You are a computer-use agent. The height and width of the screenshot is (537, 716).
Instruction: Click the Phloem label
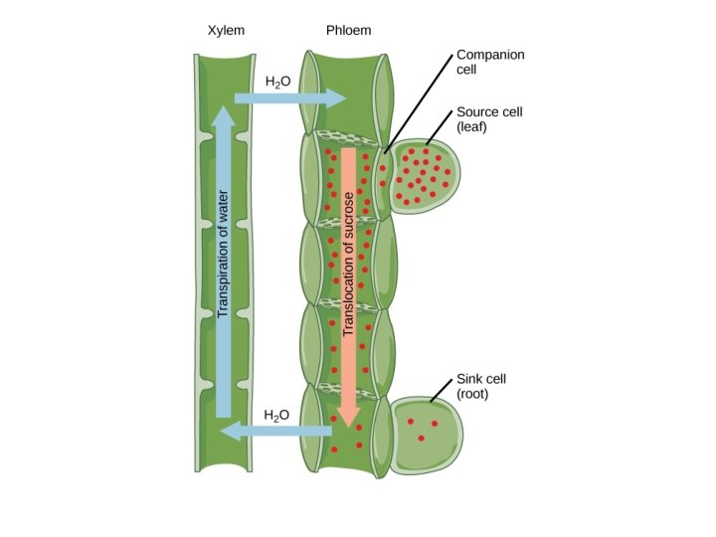348,31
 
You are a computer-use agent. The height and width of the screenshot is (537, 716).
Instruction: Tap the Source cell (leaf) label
488,119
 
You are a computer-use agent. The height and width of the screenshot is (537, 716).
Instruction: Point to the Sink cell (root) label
482,386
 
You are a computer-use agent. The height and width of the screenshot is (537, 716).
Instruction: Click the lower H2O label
277,413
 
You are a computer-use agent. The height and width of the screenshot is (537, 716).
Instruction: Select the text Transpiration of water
223,254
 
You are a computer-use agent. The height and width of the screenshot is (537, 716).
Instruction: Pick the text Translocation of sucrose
348,264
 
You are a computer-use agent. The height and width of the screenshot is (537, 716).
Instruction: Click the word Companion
490,54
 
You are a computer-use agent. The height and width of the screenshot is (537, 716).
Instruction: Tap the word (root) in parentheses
474,394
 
